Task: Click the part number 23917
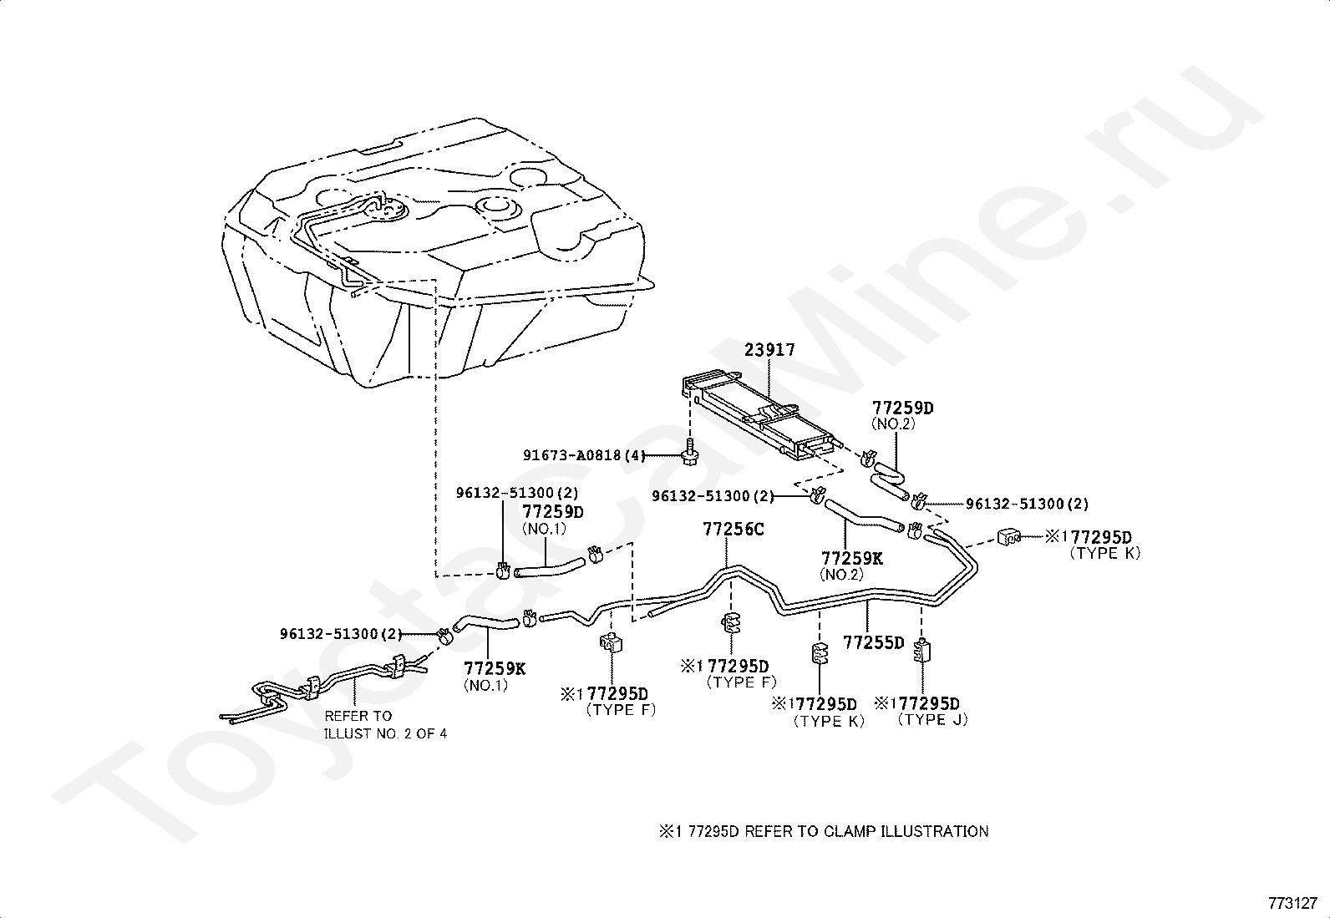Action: pyautogui.click(x=769, y=351)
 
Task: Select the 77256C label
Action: pyautogui.click(x=733, y=529)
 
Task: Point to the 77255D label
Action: pyautogui.click(x=873, y=642)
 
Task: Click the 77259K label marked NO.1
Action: pyautogui.click(x=495, y=668)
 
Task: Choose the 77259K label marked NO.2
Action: pyautogui.click(x=851, y=558)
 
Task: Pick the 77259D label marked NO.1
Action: pyautogui.click(x=552, y=511)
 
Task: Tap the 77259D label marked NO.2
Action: pyautogui.click(x=902, y=408)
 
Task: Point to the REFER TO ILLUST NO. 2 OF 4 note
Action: pyautogui.click(x=384, y=725)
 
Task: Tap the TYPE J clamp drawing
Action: pyautogui.click(x=922, y=649)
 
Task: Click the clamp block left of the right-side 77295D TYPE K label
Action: pyautogui.click(x=1009, y=535)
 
